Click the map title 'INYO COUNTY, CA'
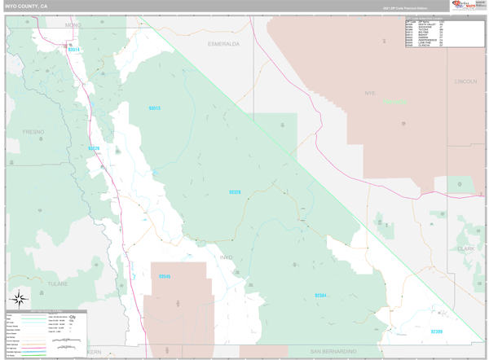point(26,6)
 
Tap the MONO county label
point(74,26)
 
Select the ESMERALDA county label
point(223,43)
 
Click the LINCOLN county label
point(466,81)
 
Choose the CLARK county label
point(466,248)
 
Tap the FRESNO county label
point(33,131)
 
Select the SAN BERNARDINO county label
point(333,351)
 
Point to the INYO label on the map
point(226,257)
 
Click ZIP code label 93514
point(74,50)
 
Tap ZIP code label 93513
point(155,108)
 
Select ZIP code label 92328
point(235,192)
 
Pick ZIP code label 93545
point(165,276)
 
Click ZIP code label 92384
point(320,295)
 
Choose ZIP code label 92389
point(437,331)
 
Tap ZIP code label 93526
point(94,148)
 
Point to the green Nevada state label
point(394,103)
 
